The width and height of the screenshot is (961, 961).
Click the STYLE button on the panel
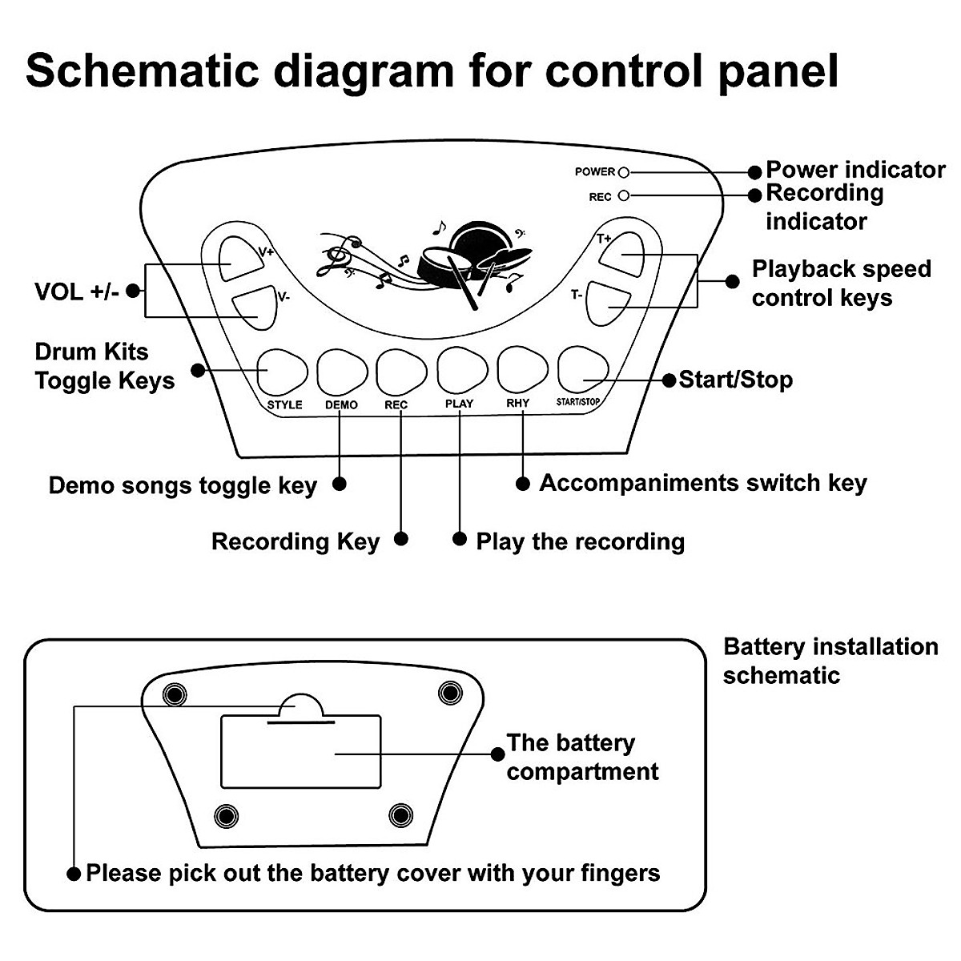pyautogui.click(x=283, y=371)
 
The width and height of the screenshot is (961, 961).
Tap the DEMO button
pyautogui.click(x=342, y=371)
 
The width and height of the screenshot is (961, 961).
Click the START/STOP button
pyautogui.click(x=582, y=370)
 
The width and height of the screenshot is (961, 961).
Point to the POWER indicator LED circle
pyautogui.click(x=625, y=172)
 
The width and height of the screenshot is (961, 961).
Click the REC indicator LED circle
pyautogui.click(x=625, y=195)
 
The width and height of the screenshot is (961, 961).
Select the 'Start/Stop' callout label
pyautogui.click(x=735, y=379)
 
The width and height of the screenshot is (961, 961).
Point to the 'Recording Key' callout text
pyautogui.click(x=295, y=541)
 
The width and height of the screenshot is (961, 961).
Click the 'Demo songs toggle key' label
pyautogui.click(x=183, y=485)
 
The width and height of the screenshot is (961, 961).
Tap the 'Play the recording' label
pyautogui.click(x=580, y=541)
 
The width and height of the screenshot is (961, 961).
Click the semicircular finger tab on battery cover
pyautogui.click(x=300, y=707)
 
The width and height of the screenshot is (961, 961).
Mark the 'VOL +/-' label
pyautogui.click(x=77, y=291)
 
